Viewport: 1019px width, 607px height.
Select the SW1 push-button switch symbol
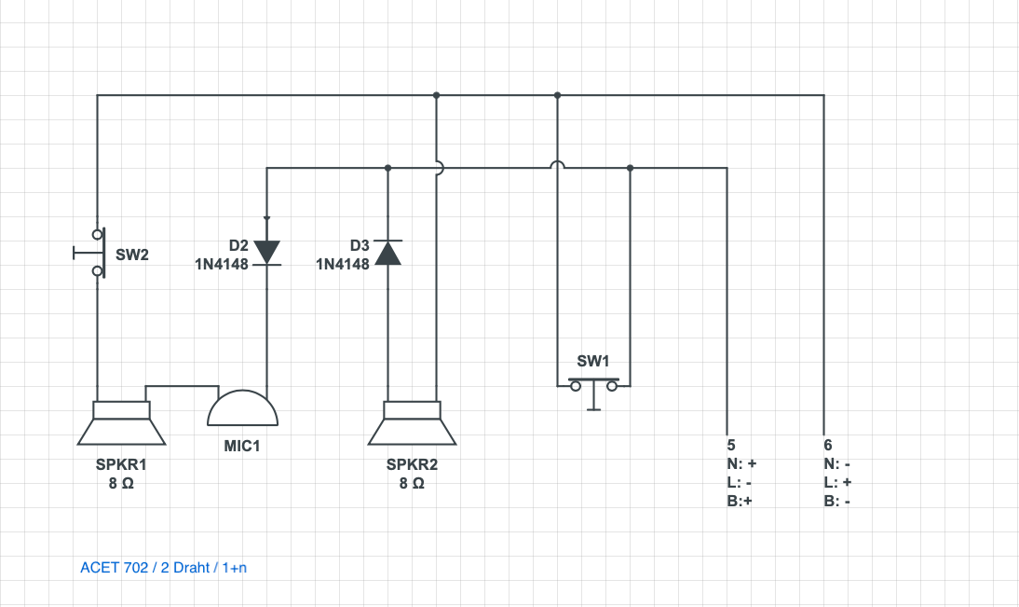(593, 387)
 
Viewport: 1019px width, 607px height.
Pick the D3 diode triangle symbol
(387, 253)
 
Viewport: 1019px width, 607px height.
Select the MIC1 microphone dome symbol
(242, 408)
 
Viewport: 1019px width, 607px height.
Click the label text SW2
(132, 254)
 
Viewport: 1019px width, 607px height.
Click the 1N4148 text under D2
(222, 264)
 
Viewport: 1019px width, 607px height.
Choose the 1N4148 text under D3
(343, 264)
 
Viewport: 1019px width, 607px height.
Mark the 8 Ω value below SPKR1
(121, 484)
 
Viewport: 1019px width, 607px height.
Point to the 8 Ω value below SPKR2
(412, 484)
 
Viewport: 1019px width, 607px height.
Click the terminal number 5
(730, 445)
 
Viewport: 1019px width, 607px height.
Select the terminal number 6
(827, 445)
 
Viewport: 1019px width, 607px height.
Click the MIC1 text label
(242, 446)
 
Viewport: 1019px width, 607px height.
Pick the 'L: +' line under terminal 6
(836, 482)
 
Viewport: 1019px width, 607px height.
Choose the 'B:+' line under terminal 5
(740, 501)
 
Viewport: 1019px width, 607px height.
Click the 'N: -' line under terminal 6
(836, 463)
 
